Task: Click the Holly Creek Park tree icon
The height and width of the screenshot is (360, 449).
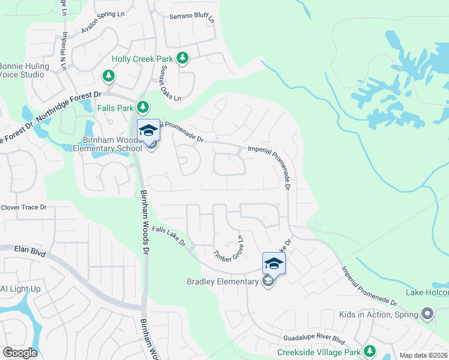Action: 182,58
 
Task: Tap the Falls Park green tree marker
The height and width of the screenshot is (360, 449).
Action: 142,107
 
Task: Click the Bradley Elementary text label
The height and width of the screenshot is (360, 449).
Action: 222,281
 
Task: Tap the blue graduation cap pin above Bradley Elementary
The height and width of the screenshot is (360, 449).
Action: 274,263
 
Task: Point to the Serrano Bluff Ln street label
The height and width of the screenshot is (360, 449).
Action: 191,18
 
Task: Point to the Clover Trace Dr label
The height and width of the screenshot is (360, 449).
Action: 23,207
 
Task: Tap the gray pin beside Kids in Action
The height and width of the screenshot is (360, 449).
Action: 427,313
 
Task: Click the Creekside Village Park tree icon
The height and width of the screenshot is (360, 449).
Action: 370,351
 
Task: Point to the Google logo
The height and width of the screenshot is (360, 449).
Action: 20,353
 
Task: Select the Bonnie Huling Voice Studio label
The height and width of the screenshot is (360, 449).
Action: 22,70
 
